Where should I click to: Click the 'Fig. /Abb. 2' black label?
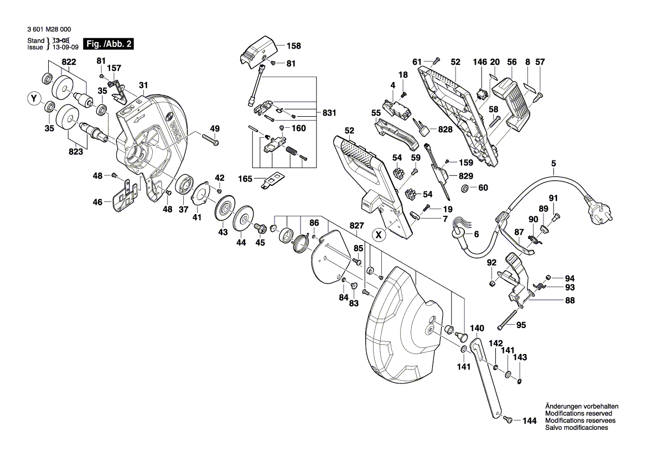click(x=108, y=44)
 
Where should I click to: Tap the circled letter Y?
click(x=34, y=100)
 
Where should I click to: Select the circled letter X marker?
click(x=379, y=234)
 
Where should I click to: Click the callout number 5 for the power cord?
click(x=552, y=163)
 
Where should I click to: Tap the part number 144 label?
click(x=530, y=421)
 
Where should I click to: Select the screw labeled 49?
click(x=212, y=142)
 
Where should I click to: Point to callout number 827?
click(x=357, y=226)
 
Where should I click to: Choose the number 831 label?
click(x=330, y=113)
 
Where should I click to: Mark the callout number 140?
click(x=477, y=328)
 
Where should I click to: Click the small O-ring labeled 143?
click(x=519, y=380)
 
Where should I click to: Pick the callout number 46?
click(x=97, y=203)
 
